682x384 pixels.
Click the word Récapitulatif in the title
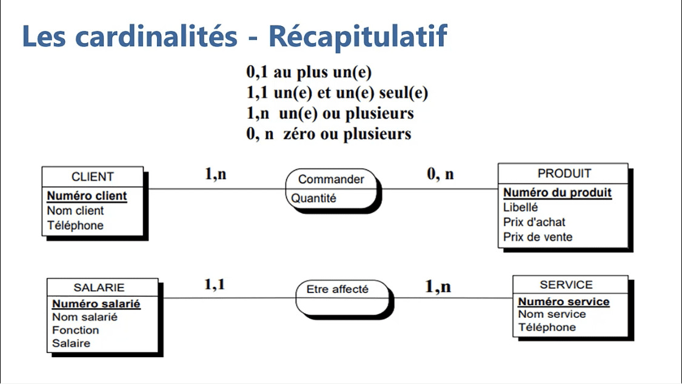tap(358, 37)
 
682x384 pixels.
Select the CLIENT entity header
tap(92, 177)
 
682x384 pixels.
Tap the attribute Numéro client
tap(87, 196)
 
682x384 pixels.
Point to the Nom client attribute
tap(75, 211)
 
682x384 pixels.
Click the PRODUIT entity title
tap(564, 173)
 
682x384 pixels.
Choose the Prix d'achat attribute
tap(534, 222)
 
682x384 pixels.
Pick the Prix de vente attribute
tap(538, 237)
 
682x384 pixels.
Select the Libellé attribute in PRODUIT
tap(520, 207)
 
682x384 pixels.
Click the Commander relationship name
tap(331, 179)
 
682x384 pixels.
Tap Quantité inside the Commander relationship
tap(313, 198)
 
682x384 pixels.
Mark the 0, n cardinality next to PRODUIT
tap(440, 175)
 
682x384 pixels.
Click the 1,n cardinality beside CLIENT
tap(215, 174)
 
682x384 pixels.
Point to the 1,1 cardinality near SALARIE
tap(215, 284)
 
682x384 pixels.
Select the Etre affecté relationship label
tap(337, 289)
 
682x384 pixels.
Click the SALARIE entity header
tap(99, 288)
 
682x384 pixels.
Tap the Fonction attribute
tap(75, 330)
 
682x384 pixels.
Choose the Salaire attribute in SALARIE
tap(71, 343)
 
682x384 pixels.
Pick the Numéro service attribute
tap(564, 301)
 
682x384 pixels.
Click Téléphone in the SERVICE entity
tap(547, 328)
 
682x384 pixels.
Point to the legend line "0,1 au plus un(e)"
tap(309, 73)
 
